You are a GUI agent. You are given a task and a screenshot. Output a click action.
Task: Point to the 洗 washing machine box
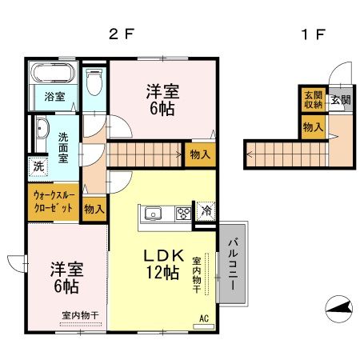pyautogui.click(x=38, y=167)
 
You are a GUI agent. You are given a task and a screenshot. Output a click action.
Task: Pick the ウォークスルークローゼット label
pyautogui.click(x=54, y=201)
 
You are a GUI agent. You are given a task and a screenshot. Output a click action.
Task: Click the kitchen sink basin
pyautogui.click(x=153, y=214)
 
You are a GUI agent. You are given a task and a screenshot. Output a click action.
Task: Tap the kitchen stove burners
pyautogui.click(x=182, y=214)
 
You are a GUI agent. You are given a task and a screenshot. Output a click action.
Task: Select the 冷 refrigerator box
pyautogui.click(x=206, y=212)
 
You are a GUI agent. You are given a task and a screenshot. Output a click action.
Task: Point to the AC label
pyautogui.click(x=202, y=318)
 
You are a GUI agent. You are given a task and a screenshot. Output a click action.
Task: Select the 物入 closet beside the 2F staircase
pyautogui.click(x=198, y=156)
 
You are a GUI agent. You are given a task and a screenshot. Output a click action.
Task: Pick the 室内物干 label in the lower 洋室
pyautogui.click(x=80, y=315)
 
